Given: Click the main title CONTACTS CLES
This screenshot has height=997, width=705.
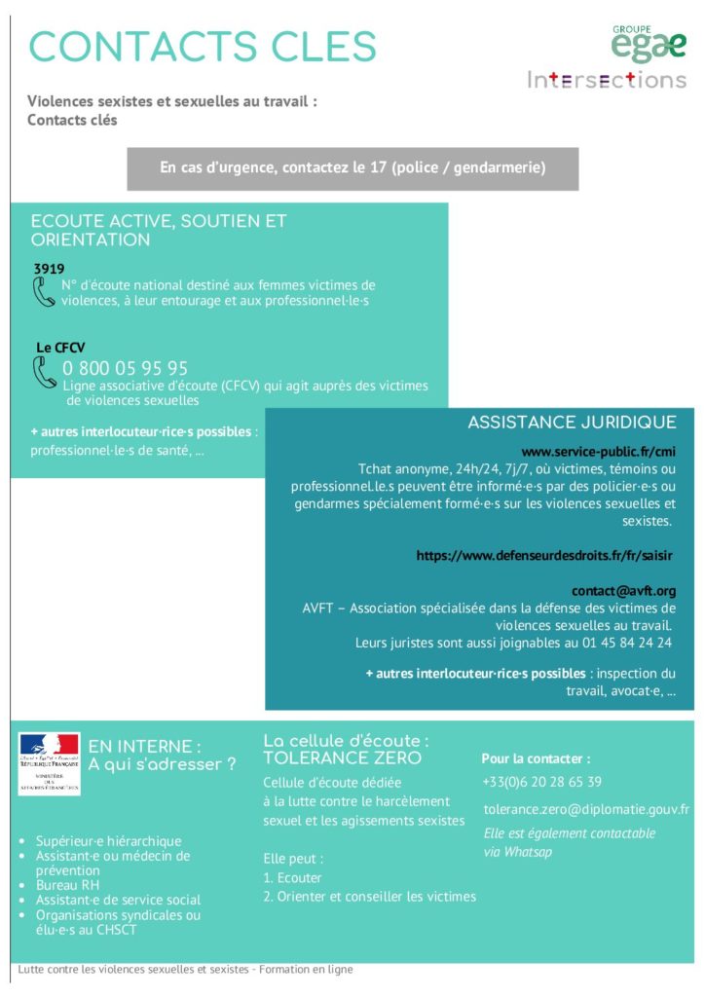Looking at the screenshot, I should point(203,47).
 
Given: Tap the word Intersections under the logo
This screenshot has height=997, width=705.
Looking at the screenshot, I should point(607,80).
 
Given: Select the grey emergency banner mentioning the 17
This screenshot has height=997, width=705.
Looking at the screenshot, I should point(352,168).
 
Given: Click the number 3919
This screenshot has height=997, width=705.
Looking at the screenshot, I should point(49,268).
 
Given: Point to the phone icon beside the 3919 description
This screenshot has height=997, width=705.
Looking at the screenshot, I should point(44,291).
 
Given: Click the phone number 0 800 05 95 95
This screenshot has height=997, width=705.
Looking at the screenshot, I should point(126,368).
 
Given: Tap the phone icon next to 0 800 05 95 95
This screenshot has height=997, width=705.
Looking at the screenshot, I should point(44,372).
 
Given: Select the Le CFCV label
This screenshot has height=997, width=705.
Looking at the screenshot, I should point(56,347).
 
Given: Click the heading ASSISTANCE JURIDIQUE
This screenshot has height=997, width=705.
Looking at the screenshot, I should point(572,423).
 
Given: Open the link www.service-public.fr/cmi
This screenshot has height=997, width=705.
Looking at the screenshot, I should point(599,452).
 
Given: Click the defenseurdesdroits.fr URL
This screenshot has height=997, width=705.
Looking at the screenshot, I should point(545,555).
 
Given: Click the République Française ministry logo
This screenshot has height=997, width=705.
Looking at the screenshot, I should point(49,762).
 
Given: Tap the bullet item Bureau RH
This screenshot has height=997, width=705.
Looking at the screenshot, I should point(68,885).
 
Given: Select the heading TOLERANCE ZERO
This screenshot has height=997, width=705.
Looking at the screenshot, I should point(343,758).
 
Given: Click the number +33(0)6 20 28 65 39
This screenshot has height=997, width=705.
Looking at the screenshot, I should point(541,782).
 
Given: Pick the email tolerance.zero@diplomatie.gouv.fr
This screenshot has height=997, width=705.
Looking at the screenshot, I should point(586,809).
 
